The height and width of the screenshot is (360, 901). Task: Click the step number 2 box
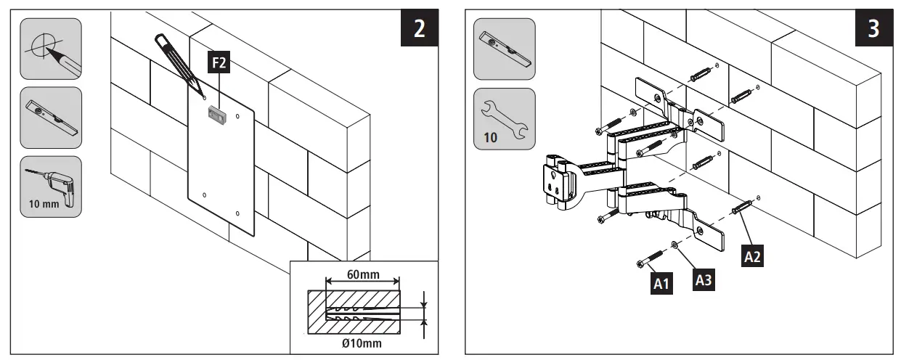pos(419,29)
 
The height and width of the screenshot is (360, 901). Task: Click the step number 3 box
pos(874,29)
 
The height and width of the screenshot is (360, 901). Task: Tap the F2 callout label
pos(219,65)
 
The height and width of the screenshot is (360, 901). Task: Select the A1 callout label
pos(660,283)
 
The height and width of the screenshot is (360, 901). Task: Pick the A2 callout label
pos(753,255)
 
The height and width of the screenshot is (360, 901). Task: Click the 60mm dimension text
pos(362,275)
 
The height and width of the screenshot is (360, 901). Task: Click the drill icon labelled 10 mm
pos(50,187)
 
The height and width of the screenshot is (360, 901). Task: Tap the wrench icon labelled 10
pos(504,118)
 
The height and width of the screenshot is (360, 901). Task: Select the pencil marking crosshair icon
pos(50,48)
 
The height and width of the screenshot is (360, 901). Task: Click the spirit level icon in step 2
pos(50,118)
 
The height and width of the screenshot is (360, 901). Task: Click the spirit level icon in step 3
pos(504,49)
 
